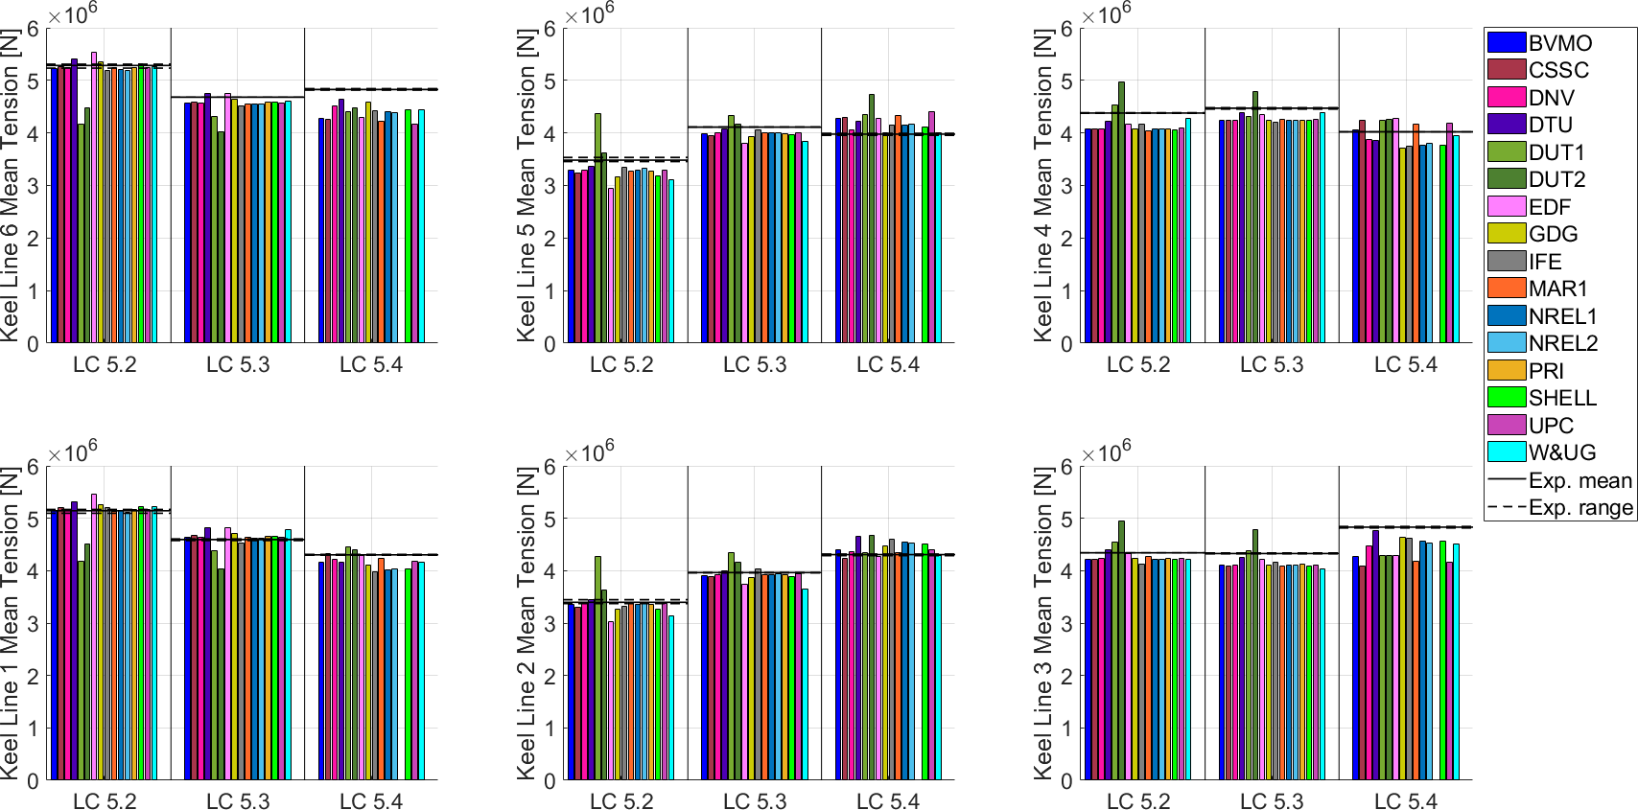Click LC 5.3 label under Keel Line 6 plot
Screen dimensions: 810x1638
click(x=238, y=365)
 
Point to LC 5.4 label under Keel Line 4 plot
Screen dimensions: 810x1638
click(x=1405, y=365)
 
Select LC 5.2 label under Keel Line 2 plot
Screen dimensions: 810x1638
click(x=621, y=802)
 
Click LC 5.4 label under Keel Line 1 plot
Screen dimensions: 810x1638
click(x=371, y=802)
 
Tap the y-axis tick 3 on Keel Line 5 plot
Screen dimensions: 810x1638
click(x=550, y=186)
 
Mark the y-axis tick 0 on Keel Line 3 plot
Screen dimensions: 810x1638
click(x=1066, y=782)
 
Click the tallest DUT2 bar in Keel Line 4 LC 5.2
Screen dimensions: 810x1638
click(x=1121, y=211)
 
